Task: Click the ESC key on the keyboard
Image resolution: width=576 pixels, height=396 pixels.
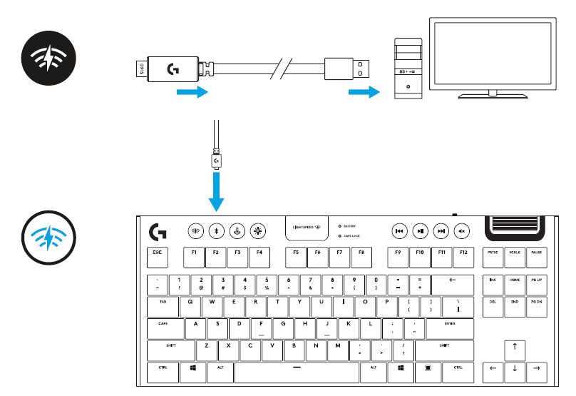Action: (x=157, y=253)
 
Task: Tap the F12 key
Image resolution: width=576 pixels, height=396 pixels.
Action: (x=464, y=253)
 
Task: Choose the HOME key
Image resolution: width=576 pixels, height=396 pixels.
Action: (x=514, y=281)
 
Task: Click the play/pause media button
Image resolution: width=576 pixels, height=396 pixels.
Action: (x=421, y=230)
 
